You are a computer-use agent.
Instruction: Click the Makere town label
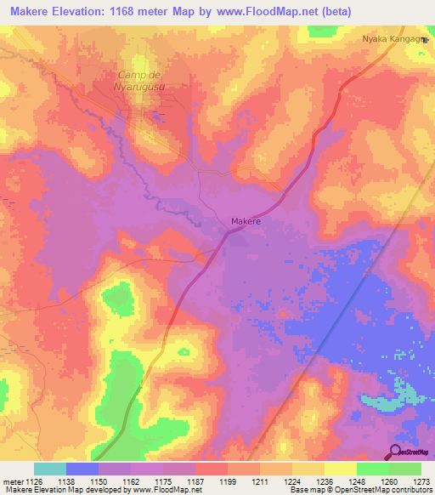point(246,221)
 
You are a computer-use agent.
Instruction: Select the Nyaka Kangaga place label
point(391,39)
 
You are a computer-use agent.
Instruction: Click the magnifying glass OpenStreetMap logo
point(396,451)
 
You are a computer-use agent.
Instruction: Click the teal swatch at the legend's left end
point(50,468)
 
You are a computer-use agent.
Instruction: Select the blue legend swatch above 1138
point(82,468)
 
